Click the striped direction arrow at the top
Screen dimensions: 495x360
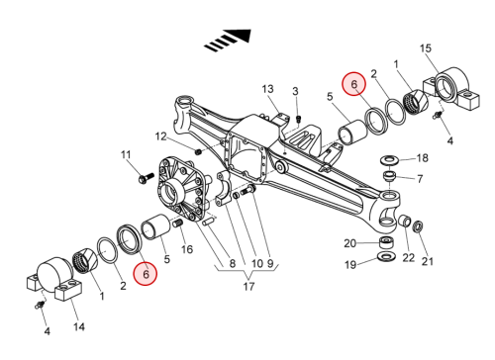229,41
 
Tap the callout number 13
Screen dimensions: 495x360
267,89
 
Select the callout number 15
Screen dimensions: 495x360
426,48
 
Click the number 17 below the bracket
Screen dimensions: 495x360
248,287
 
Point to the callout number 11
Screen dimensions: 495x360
126,154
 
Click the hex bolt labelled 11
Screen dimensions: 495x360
147,177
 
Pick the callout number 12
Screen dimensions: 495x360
161,136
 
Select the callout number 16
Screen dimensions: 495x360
187,249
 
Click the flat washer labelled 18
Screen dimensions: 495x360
390,160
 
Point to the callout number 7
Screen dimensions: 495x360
420,179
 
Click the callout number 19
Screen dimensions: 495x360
350,264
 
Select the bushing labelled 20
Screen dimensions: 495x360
386,242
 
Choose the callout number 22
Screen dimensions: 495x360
409,257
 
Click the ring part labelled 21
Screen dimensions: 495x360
418,226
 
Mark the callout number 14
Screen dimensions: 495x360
79,326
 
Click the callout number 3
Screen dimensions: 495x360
295,91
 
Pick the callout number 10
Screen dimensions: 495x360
257,263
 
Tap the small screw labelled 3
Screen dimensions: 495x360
299,119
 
